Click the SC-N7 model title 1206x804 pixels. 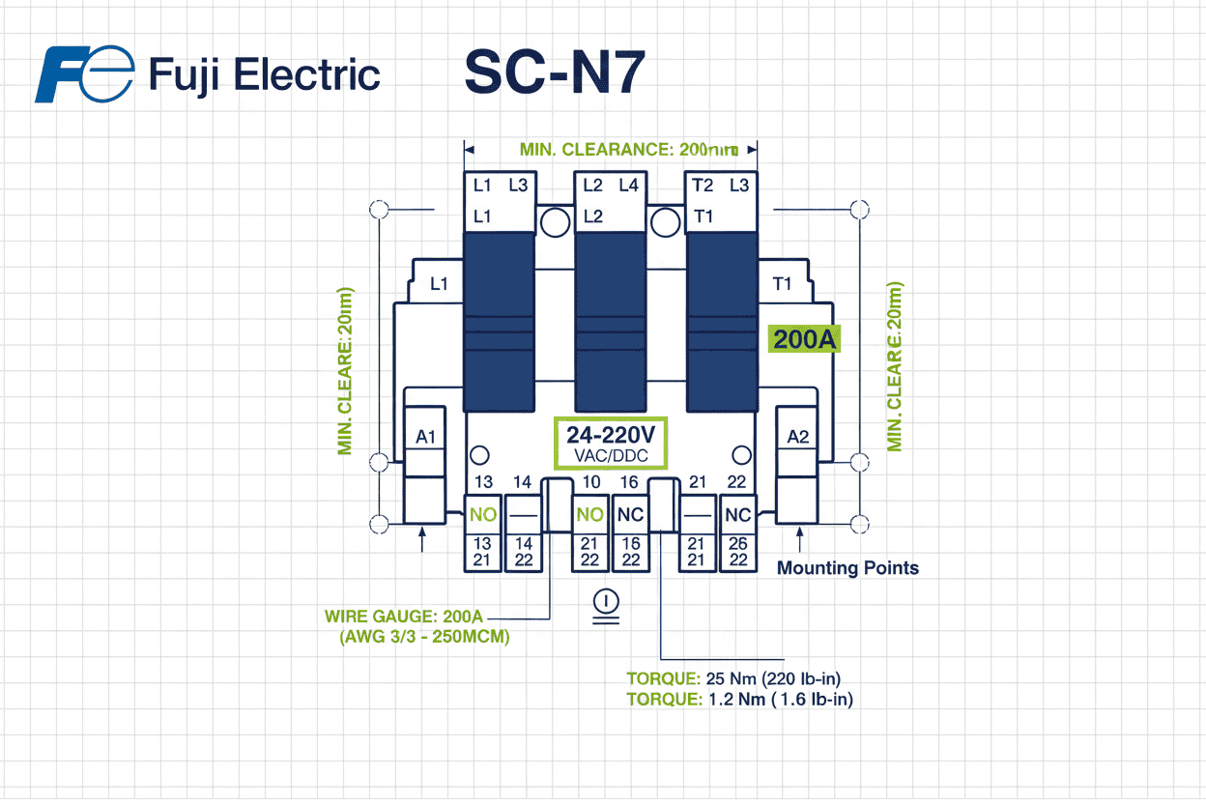554,73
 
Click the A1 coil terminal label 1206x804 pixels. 426,438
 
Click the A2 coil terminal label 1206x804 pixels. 797,438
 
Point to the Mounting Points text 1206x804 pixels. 847,568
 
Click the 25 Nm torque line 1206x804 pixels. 739,678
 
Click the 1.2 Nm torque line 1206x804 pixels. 739,699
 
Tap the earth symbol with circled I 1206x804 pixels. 606,605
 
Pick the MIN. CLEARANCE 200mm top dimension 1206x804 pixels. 629,150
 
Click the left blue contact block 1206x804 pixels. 499,322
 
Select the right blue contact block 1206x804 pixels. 721,322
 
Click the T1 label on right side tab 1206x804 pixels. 783,284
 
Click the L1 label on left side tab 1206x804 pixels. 440,284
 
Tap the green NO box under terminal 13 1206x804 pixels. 482,515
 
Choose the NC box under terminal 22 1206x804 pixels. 737,515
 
